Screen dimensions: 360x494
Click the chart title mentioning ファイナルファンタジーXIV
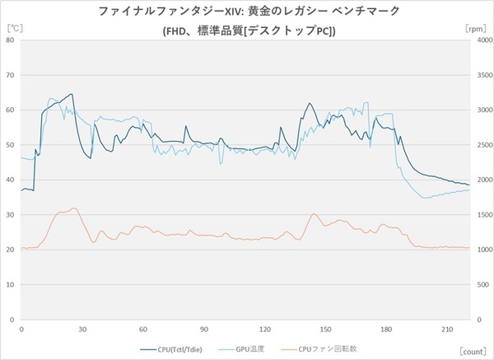[x=247, y=12]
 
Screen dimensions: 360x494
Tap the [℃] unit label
[x=14, y=29]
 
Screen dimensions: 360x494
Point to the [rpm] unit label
[x=476, y=29]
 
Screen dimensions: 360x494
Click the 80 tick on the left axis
[x=11, y=40]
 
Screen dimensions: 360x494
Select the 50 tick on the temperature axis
[x=11, y=145]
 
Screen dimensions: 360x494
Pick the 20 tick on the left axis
[x=11, y=250]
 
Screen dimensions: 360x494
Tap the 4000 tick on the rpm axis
[x=483, y=40]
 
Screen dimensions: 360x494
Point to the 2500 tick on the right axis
[x=483, y=145]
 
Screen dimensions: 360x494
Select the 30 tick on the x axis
[x=82, y=329]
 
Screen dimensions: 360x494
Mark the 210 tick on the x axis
[x=446, y=329]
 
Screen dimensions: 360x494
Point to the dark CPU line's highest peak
[x=72, y=94]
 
